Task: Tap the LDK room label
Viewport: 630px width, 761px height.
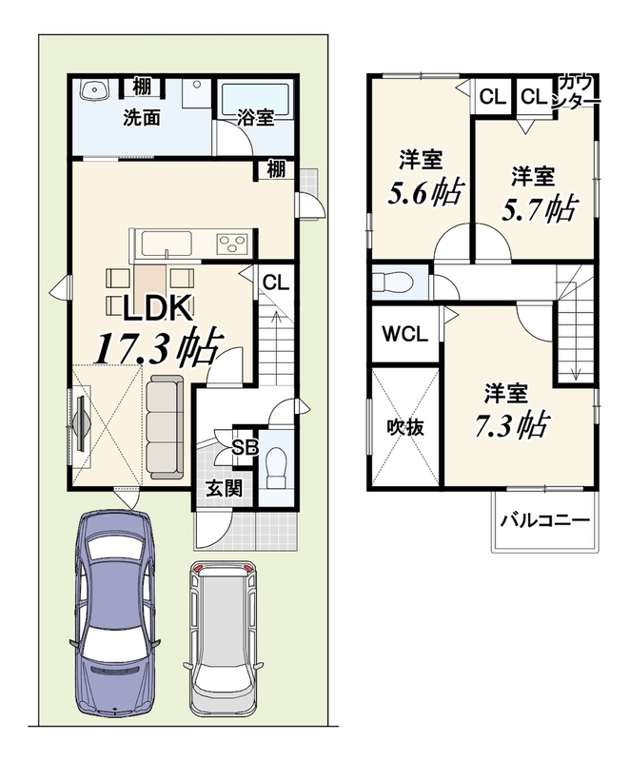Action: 157,308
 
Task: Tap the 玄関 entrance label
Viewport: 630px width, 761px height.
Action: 224,489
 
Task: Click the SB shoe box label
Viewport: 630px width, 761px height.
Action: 246,447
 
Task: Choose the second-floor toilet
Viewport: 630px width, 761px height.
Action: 392,282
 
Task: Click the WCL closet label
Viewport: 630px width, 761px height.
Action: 404,334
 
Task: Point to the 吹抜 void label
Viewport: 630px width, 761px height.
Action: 405,427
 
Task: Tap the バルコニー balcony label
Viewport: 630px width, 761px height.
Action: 544,520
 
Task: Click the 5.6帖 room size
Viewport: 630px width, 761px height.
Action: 425,193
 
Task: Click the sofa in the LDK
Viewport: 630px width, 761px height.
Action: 165,427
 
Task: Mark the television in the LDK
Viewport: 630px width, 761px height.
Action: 81,420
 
